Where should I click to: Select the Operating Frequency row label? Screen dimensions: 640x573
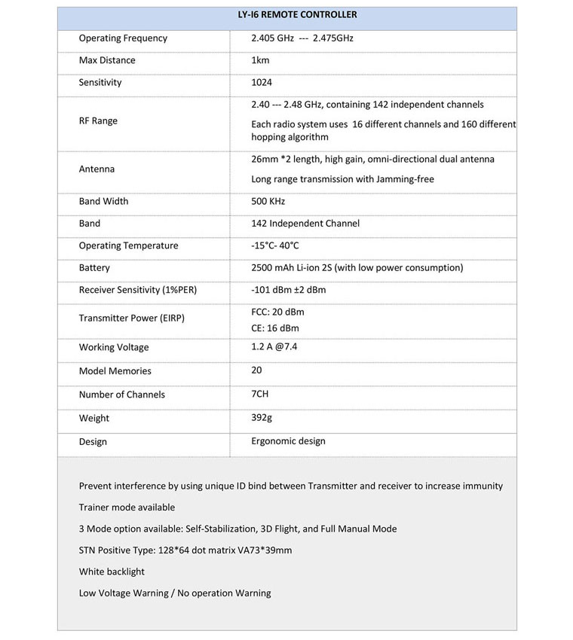pos(123,38)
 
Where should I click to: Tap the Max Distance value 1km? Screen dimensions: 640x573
pos(262,60)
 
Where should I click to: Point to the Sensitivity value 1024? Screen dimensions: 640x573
pos(262,82)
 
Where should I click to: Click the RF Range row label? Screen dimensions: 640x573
pos(98,120)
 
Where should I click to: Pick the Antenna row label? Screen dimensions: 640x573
pos(97,169)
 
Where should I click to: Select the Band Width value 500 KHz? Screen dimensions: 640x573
pos(268,201)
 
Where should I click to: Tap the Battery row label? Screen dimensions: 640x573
pos(94,267)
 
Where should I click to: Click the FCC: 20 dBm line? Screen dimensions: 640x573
pos(277,312)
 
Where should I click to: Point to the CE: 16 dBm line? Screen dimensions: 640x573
pos(275,328)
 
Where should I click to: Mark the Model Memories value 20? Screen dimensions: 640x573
pos(257,370)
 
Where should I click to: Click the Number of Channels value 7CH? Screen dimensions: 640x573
pos(260,395)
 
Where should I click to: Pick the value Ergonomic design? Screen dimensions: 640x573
pos(288,441)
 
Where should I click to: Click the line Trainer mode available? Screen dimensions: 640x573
pos(127,507)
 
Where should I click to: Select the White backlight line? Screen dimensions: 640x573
pos(112,571)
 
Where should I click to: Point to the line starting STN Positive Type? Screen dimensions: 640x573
pos(185,550)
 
